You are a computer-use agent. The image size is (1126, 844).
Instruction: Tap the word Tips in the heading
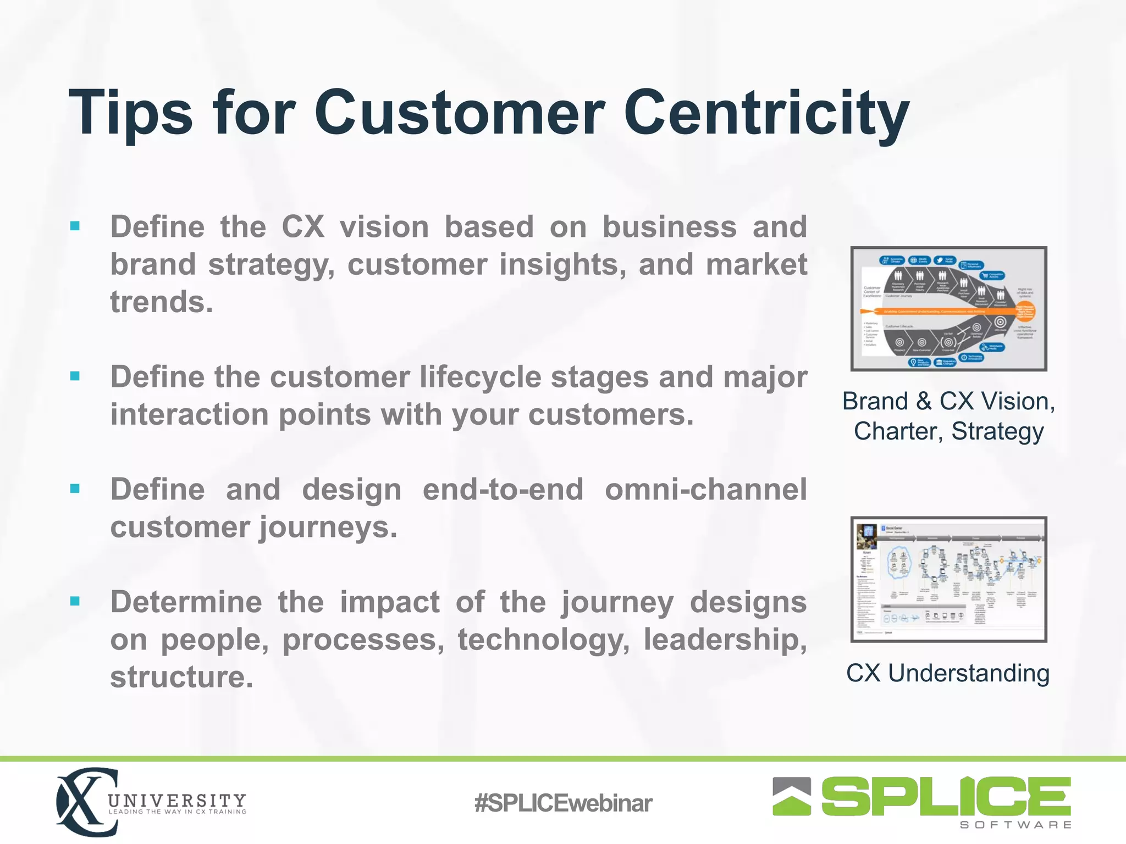pos(130,114)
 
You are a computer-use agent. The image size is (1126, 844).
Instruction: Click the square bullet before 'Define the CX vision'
pos(75,226)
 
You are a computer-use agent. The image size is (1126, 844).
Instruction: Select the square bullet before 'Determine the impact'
pos(75,601)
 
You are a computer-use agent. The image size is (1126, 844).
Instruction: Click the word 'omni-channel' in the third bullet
pos(705,490)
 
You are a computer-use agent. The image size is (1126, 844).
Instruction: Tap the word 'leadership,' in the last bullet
pos(725,640)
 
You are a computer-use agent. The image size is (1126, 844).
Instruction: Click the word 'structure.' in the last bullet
pos(181,677)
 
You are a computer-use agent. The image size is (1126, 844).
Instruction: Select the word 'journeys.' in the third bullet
pos(328,527)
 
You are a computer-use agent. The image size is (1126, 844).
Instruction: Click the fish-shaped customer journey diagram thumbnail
pos(948,309)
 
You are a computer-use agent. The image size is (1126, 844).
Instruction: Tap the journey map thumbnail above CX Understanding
pos(948,579)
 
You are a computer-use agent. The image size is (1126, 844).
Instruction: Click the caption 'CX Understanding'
pos(947,674)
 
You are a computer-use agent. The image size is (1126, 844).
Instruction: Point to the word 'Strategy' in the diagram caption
pos(997,431)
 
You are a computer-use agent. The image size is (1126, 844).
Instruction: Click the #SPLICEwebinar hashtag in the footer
pos(562,803)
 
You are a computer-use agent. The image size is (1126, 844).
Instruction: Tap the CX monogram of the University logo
pos(85,802)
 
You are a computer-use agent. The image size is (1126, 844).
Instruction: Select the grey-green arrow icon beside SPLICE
pos(791,796)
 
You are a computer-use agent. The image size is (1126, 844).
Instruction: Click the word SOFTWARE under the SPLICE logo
pos(1015,825)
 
